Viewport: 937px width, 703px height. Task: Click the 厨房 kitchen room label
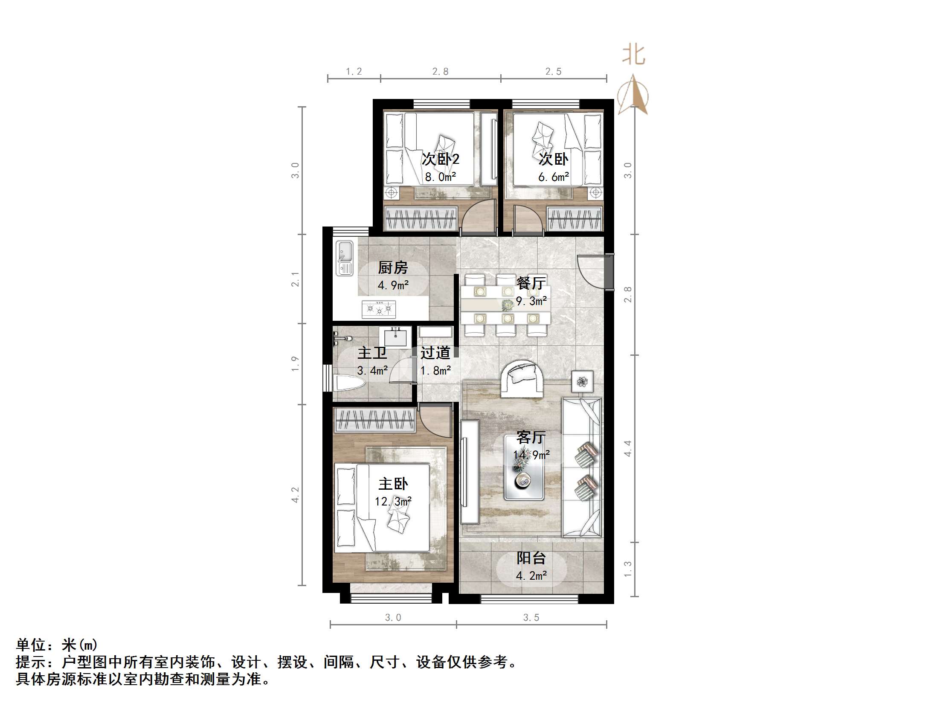tap(393, 268)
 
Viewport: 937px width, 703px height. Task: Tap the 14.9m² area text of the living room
tap(531, 455)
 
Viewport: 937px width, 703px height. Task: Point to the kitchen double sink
tap(344, 258)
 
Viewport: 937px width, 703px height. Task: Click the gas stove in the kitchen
tap(379, 308)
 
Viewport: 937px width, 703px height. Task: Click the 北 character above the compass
tap(633, 55)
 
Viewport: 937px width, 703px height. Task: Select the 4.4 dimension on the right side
tap(627, 448)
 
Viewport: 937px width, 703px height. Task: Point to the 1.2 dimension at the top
tap(354, 71)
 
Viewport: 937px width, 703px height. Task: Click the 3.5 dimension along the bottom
tap(531, 617)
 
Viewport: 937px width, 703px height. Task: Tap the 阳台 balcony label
tap(531, 558)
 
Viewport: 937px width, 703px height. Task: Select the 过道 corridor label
tap(435, 353)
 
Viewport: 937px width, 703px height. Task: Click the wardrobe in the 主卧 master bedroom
tap(374, 420)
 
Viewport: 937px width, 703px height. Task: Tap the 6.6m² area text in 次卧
tap(553, 177)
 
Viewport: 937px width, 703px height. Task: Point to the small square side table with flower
tap(583, 381)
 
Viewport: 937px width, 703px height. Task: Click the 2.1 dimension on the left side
tap(295, 279)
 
